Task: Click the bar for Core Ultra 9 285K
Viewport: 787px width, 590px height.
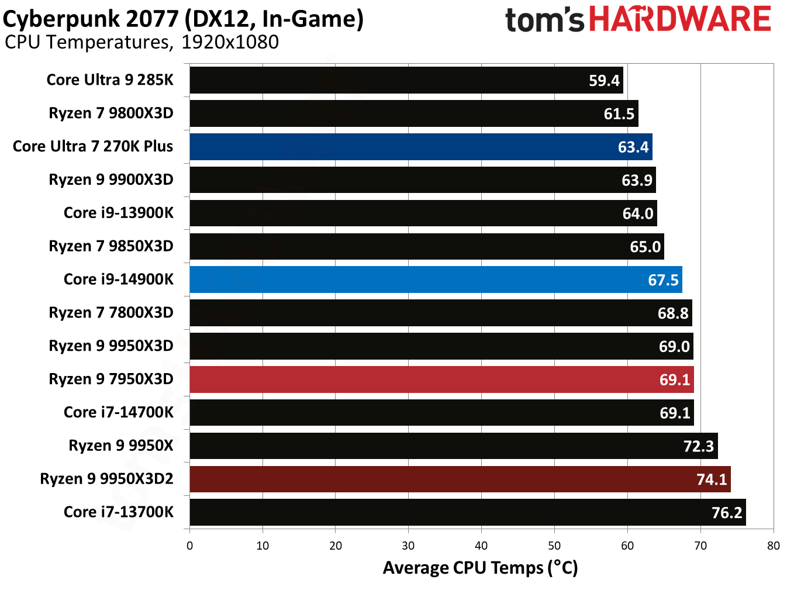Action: pos(406,80)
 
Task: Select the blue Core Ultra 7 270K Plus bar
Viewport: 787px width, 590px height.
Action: pos(420,147)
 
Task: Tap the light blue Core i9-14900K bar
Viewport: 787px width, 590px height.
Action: pos(436,280)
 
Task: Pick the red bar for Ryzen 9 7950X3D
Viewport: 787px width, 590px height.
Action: pos(441,379)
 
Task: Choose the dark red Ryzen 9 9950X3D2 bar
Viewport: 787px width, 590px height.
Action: pos(460,479)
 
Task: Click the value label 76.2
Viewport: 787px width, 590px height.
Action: pos(726,513)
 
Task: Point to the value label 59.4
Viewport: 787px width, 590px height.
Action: pos(603,81)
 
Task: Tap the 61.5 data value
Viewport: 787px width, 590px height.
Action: pos(619,114)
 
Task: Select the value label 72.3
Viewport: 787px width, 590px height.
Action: pos(698,447)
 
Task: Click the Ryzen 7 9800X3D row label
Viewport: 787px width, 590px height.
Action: pos(111,113)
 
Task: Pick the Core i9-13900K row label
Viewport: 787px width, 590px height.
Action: pos(118,213)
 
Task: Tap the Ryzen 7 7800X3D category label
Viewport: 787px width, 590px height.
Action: pos(111,313)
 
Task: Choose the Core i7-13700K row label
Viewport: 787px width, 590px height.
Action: pos(118,512)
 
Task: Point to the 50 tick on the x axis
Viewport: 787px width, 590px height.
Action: pos(554,546)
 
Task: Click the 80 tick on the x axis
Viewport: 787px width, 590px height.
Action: pos(773,546)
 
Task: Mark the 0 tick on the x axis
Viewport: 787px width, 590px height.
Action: pos(189,546)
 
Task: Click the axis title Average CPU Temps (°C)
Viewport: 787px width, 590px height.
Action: pos(480,568)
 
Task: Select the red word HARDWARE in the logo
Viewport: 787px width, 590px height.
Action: pos(679,19)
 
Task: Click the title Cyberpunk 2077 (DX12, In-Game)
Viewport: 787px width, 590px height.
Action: pos(183,19)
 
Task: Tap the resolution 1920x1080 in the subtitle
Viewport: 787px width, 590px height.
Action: pos(230,42)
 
